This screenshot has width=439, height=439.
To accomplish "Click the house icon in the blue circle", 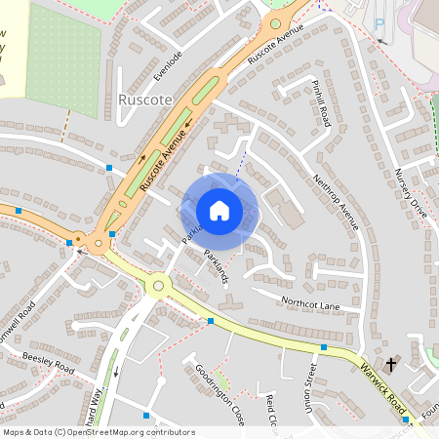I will pos(219,210).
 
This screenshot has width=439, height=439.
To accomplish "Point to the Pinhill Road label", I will pos(318,100).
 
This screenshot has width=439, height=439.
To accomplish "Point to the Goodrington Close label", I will pos(219,389).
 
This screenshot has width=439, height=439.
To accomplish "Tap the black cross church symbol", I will pos(391,364).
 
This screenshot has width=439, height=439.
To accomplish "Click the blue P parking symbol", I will pos(379,20).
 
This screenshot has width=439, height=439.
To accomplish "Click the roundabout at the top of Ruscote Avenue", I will pos(276,22).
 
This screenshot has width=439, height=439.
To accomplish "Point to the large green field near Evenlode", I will pos(64,63).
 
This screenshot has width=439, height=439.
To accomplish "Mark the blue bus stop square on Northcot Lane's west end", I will pos(211,320).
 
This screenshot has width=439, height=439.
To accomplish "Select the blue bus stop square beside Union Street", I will pos(323,346).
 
